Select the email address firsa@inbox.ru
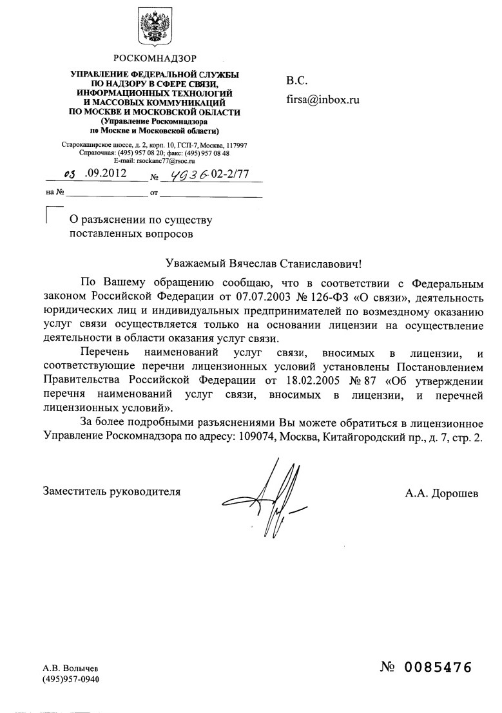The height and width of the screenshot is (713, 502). point(322,100)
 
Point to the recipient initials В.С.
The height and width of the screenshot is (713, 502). point(297,81)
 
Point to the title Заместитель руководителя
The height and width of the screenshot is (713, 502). point(111,491)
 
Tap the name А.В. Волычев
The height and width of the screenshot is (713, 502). point(70,669)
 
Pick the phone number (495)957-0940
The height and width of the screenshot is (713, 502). point(71,680)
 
